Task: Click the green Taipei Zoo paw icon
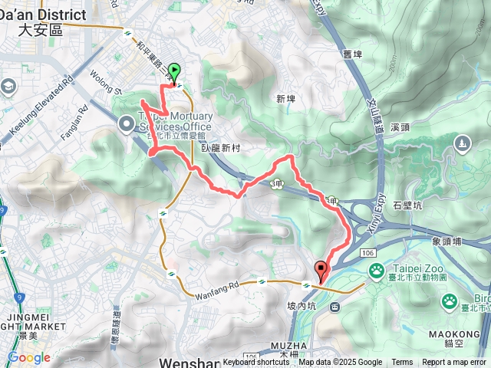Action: tap(377, 271)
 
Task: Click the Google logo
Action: tap(29, 358)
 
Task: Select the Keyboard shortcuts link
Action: tap(257, 363)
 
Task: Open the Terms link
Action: tap(402, 363)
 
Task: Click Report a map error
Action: tap(454, 363)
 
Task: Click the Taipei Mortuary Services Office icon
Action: tap(126, 123)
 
